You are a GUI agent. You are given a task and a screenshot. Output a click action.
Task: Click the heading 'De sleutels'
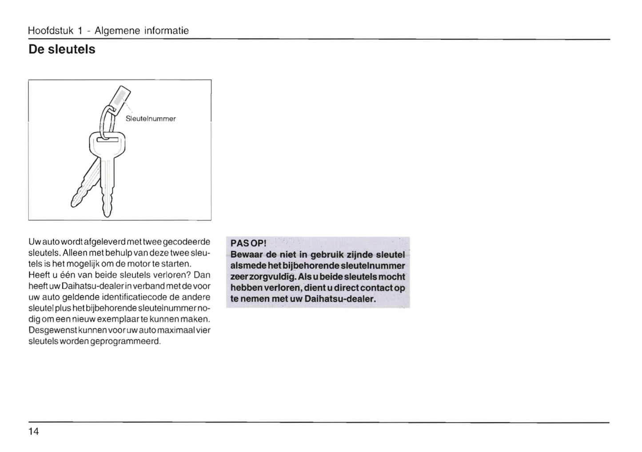pyautogui.click(x=62, y=49)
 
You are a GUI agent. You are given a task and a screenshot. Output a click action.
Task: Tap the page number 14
pyautogui.click(x=34, y=432)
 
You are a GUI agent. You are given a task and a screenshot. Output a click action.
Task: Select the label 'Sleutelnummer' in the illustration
pyautogui.click(x=151, y=119)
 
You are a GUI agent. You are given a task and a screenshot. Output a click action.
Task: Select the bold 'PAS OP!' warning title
pyautogui.click(x=248, y=244)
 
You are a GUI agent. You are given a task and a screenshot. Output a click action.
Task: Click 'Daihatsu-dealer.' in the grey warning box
pyautogui.click(x=340, y=299)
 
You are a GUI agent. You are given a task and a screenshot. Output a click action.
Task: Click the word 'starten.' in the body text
pyautogui.click(x=169, y=264)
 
